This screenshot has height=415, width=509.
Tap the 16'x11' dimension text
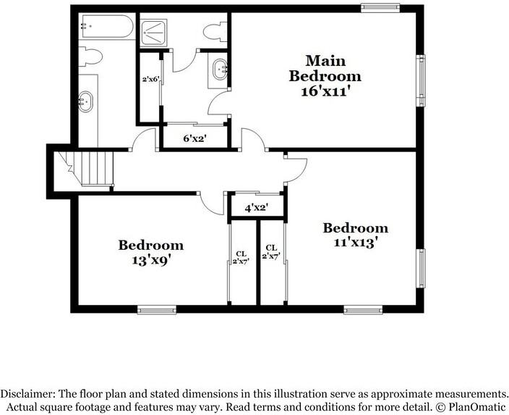[x=325, y=91]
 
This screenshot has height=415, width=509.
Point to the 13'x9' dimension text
[x=150, y=259]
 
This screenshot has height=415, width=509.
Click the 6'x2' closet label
[x=194, y=138]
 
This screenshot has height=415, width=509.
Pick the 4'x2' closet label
[x=257, y=208]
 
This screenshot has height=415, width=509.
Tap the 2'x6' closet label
[x=150, y=80]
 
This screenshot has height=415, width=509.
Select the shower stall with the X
[x=153, y=30]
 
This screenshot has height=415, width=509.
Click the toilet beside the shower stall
[x=213, y=32]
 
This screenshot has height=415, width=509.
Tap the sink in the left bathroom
[x=86, y=101]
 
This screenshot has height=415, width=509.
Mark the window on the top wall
[x=381, y=8]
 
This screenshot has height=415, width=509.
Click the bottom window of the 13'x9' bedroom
[x=157, y=310]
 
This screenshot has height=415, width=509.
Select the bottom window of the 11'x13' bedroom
[x=362, y=310]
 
